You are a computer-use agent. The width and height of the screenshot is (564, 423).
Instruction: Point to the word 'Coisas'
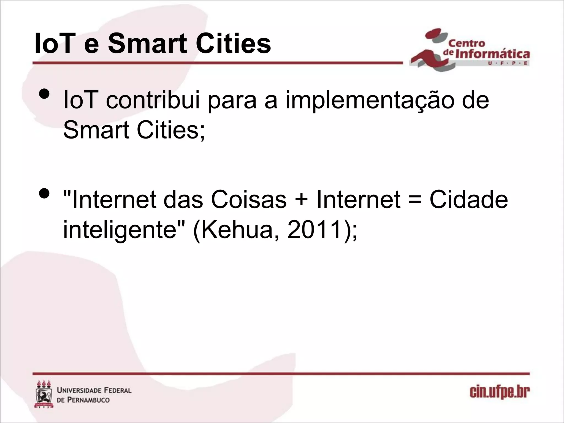pos(249,200)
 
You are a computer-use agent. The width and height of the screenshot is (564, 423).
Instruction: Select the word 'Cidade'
pos(468,200)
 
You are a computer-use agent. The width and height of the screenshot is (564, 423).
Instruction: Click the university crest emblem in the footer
pos(44,395)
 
